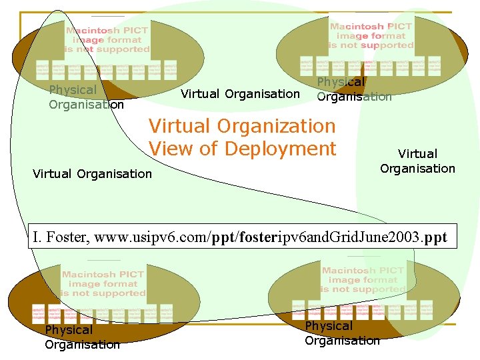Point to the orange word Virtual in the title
point(179,125)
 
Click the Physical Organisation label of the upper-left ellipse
point(86,97)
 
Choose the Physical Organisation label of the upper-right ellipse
point(353,89)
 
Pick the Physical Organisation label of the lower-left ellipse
point(82,337)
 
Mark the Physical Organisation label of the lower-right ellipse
point(341,333)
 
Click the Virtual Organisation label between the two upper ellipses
point(240,94)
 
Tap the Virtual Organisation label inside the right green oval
point(417,161)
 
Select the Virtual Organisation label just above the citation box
point(92,174)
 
